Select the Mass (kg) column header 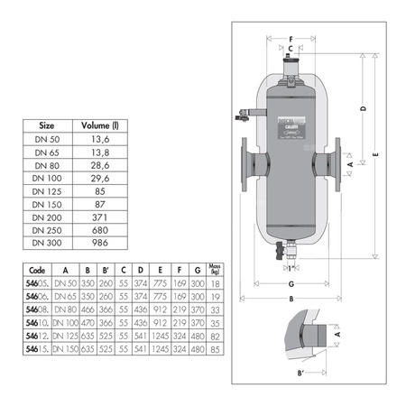215,268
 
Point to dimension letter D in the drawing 362,109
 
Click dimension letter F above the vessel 290,38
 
